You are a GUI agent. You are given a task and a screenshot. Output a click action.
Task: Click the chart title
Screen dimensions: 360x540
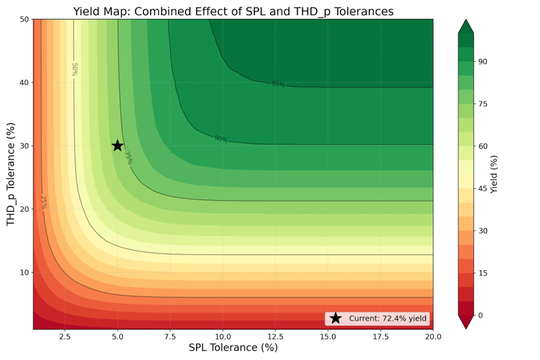pyautogui.click(x=233, y=11)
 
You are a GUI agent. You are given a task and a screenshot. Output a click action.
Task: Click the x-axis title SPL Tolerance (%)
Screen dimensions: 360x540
pyautogui.click(x=233, y=348)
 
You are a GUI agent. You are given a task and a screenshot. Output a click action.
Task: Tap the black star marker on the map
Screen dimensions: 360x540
pyautogui.click(x=118, y=146)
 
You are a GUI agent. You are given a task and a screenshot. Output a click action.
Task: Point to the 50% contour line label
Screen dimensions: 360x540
pyautogui.click(x=75, y=69)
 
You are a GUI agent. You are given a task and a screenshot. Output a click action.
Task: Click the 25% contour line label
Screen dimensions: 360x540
pyautogui.click(x=44, y=202)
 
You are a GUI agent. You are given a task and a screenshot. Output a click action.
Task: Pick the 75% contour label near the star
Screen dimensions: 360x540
pyautogui.click(x=127, y=158)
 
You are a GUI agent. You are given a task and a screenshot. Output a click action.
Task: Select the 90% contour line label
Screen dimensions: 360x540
pyautogui.click(x=221, y=139)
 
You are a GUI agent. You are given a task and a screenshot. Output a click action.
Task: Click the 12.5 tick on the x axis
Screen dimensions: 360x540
pyautogui.click(x=275, y=336)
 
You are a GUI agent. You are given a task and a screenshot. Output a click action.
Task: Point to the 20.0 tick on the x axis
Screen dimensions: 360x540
pyautogui.click(x=433, y=336)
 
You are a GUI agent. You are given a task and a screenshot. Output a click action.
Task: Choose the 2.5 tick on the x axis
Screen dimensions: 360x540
pyautogui.click(x=65, y=336)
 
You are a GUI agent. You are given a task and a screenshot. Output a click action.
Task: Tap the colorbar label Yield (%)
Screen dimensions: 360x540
pyautogui.click(x=494, y=174)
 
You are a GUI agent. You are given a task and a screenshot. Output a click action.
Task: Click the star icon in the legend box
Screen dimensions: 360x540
pyautogui.click(x=335, y=318)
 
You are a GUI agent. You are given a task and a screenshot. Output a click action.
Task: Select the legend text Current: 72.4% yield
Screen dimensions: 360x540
pyautogui.click(x=388, y=318)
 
